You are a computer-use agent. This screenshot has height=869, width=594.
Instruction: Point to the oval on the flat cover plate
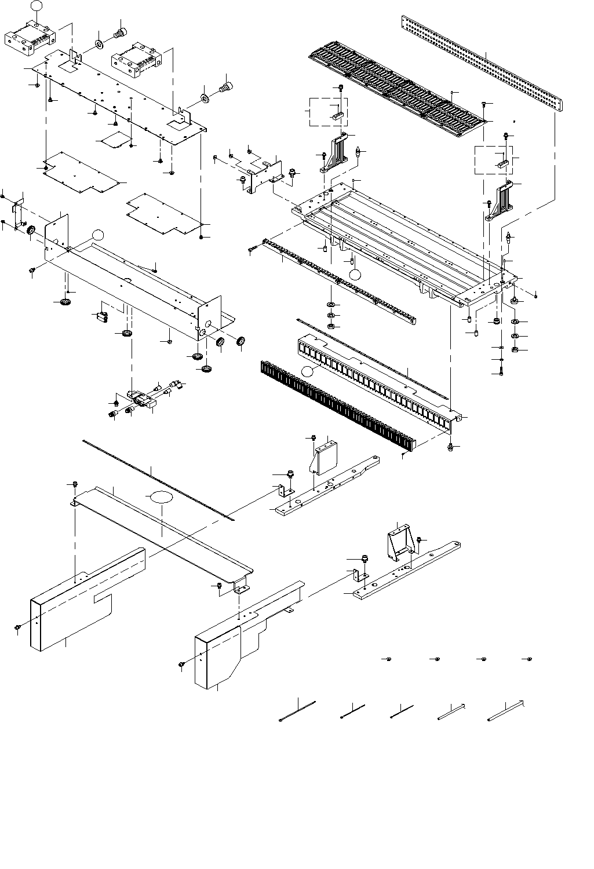point(162,497)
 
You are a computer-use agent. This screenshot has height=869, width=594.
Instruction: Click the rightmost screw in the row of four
point(527,659)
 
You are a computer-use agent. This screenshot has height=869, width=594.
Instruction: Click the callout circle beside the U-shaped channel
point(98,234)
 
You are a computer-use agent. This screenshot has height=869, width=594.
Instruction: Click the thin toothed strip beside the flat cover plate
point(156,479)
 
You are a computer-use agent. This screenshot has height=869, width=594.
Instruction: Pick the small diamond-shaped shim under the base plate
point(112,140)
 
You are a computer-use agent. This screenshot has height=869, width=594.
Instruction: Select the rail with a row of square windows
point(377,382)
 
